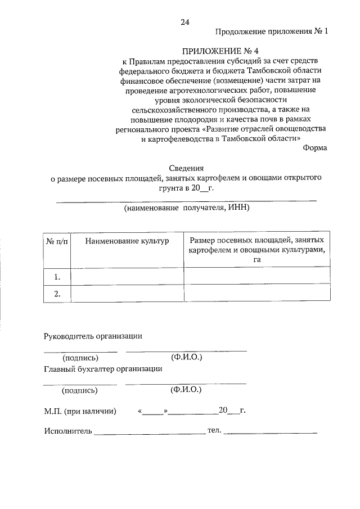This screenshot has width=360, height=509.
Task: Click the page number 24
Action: click(x=185, y=22)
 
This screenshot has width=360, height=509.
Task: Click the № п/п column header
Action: click(x=57, y=241)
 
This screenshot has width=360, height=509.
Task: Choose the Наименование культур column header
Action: click(x=127, y=241)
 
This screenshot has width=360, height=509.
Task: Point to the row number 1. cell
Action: click(x=57, y=276)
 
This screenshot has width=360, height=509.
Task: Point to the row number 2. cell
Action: click(x=57, y=294)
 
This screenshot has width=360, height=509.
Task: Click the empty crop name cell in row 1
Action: click(x=127, y=276)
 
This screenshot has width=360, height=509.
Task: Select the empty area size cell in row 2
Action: click(x=257, y=294)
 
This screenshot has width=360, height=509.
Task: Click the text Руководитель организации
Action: click(x=93, y=336)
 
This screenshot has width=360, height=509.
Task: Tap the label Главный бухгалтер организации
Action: click(x=103, y=369)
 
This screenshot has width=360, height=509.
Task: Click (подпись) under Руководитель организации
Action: click(x=80, y=358)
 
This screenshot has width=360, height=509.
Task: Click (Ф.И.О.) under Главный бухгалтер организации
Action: click(x=186, y=389)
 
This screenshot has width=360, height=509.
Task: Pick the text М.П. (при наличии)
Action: click(x=80, y=411)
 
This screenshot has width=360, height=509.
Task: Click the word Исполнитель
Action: click(x=67, y=431)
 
